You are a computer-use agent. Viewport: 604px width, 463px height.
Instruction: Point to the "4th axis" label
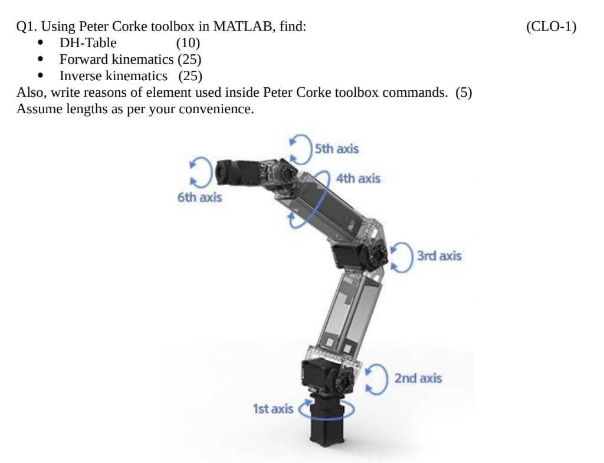tap(358, 178)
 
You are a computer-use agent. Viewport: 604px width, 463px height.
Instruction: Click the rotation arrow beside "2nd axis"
tap(376, 378)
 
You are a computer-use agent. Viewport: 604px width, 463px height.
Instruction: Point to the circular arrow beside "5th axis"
tap(301, 147)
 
